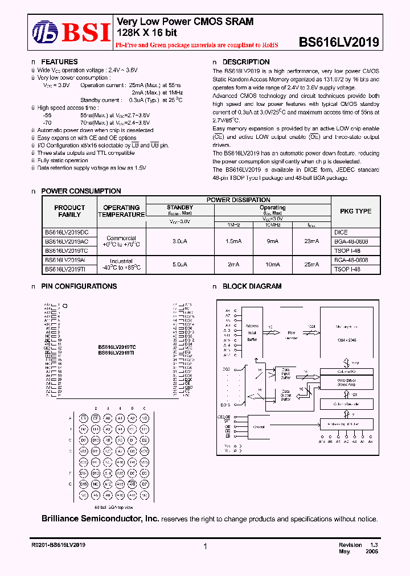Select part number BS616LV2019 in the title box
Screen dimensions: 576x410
[339, 42]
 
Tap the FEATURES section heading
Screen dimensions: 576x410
[59, 62]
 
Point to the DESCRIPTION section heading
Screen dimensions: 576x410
[245, 62]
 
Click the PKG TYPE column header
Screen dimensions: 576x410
[355, 211]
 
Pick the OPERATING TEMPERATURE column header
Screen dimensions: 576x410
[121, 211]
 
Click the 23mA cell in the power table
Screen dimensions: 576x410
[312, 241]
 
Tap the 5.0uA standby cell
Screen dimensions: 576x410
[180, 264]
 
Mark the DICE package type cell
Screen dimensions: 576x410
[341, 232]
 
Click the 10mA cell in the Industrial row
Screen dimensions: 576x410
[273, 264]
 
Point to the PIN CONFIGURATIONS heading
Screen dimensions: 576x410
[79, 286]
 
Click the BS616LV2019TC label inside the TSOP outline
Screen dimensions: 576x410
[116, 347]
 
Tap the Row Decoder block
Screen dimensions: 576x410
[291, 334]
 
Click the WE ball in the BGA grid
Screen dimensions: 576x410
[132, 484]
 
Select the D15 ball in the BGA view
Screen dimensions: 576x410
[83, 484]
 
